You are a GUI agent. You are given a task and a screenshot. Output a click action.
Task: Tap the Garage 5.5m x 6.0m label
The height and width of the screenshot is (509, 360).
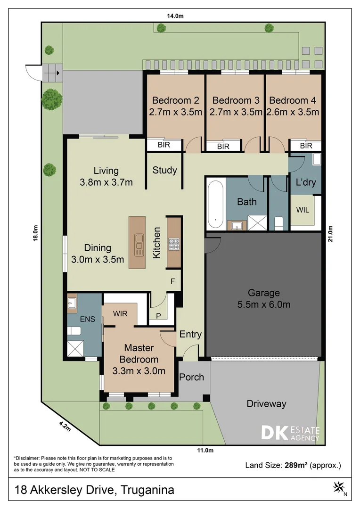pyautogui.click(x=263, y=299)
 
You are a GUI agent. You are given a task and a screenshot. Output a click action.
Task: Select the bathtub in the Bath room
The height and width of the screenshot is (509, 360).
pyautogui.click(x=215, y=204)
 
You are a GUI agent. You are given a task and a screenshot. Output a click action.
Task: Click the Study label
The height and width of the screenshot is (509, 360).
pyautogui.click(x=164, y=170)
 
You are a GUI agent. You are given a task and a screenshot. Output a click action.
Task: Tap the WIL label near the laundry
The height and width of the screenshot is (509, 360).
pyautogui.click(x=303, y=210)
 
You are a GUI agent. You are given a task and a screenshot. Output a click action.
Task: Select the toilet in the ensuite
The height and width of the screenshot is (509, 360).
pyautogui.click(x=74, y=331)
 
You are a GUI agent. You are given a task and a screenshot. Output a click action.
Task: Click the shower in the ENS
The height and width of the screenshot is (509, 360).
pyautogui.click(x=75, y=348)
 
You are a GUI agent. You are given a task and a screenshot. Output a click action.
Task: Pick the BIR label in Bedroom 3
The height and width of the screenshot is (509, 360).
pyautogui.click(x=223, y=147)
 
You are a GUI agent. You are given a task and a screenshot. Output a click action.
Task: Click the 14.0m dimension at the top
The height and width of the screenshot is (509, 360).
pyautogui.click(x=175, y=16)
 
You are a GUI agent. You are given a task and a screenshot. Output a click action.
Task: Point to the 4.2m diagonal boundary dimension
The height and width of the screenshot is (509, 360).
pyautogui.click(x=65, y=426)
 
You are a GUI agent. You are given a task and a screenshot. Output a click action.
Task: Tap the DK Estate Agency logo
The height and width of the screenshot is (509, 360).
pyautogui.click(x=291, y=433)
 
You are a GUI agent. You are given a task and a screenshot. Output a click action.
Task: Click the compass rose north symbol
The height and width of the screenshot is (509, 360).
pyautogui.click(x=340, y=488)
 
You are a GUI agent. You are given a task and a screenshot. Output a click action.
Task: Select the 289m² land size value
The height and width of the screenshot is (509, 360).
pyautogui.click(x=296, y=465)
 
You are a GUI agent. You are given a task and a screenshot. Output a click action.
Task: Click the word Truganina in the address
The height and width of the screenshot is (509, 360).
pyautogui.click(x=147, y=490)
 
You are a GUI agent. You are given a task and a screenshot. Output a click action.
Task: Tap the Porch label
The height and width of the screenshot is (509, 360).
pyautogui.click(x=191, y=377)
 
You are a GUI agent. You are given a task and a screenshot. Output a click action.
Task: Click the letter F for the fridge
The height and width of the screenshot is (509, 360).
pyautogui.click(x=172, y=281)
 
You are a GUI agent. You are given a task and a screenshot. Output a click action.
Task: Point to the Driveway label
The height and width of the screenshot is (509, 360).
pyautogui.click(x=267, y=404)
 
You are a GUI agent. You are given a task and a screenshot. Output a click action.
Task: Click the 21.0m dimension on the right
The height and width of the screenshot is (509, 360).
pyautogui.click(x=330, y=234)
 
